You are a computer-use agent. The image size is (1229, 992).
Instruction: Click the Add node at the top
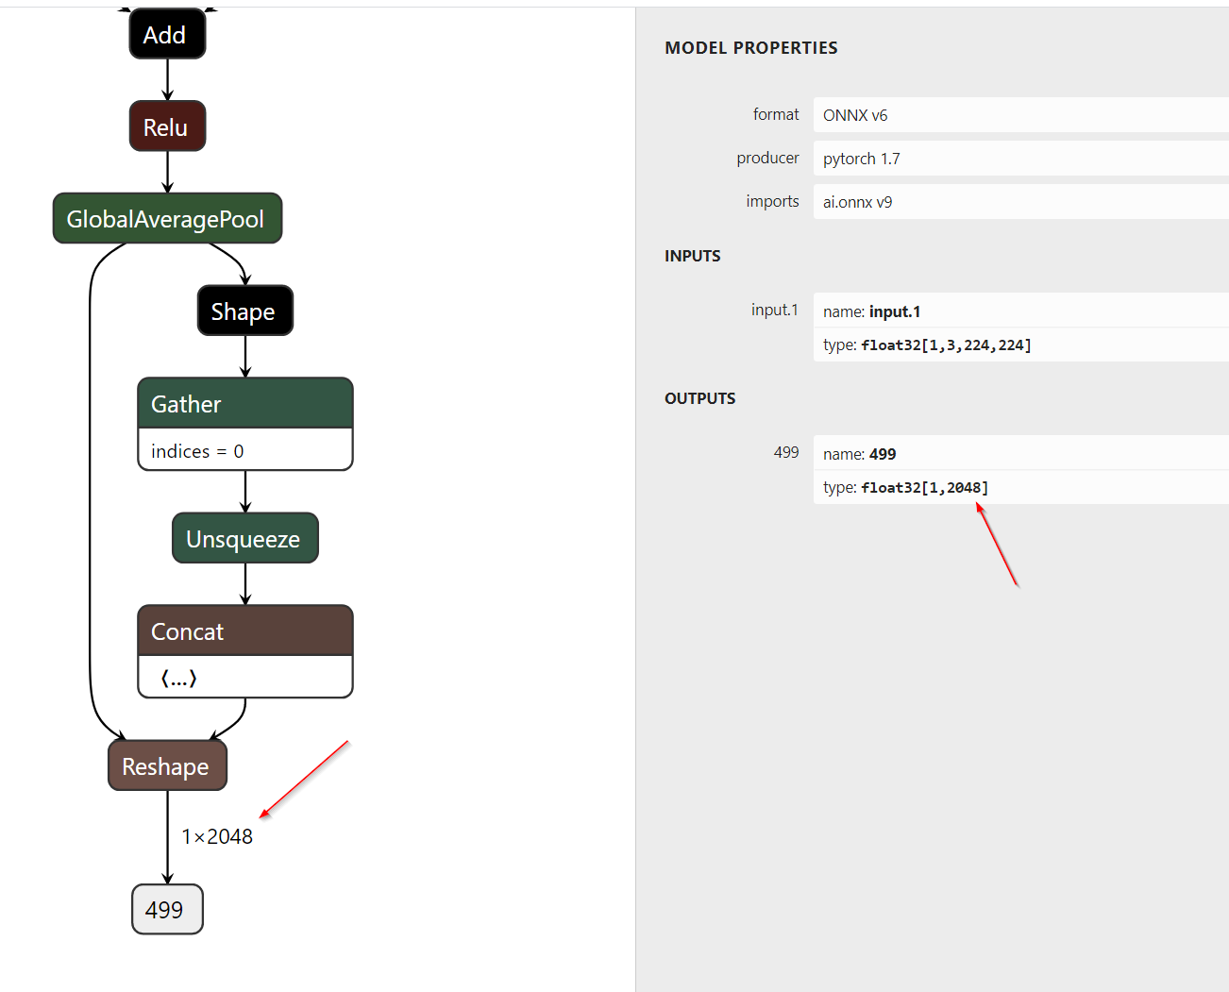coord(167,35)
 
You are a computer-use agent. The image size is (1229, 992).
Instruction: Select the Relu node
coord(167,127)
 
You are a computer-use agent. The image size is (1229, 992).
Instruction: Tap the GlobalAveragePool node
coord(167,219)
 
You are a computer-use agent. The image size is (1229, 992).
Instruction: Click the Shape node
coord(244,311)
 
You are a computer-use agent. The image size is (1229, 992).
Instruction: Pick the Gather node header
coord(244,404)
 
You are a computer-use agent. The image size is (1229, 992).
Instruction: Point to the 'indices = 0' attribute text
coord(197,451)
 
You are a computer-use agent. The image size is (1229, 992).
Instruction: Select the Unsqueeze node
coord(244,539)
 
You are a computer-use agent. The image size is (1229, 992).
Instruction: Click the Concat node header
coord(244,631)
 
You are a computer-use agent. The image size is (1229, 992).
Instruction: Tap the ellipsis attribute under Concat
coord(178,678)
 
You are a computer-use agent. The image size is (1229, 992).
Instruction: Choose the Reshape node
coord(167,766)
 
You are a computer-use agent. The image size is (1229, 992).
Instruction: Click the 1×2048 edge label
coord(217,837)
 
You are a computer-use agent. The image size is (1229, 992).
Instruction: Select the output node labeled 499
coord(166,910)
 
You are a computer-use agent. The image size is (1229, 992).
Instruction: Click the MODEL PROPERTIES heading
coord(750,48)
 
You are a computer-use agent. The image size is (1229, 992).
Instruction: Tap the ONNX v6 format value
coord(855,115)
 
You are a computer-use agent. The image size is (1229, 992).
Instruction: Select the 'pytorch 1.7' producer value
coord(862,159)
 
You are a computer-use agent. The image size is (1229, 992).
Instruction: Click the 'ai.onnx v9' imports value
coord(857,202)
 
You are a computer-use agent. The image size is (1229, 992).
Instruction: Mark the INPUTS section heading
coord(692,256)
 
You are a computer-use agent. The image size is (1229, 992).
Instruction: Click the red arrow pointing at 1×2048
coord(304,780)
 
